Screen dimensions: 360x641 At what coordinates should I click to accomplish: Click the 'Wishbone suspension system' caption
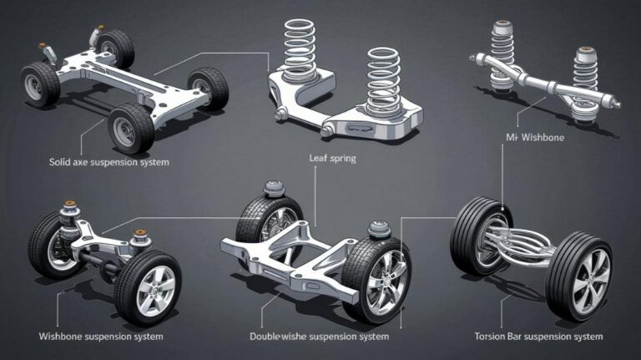[x=101, y=336]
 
